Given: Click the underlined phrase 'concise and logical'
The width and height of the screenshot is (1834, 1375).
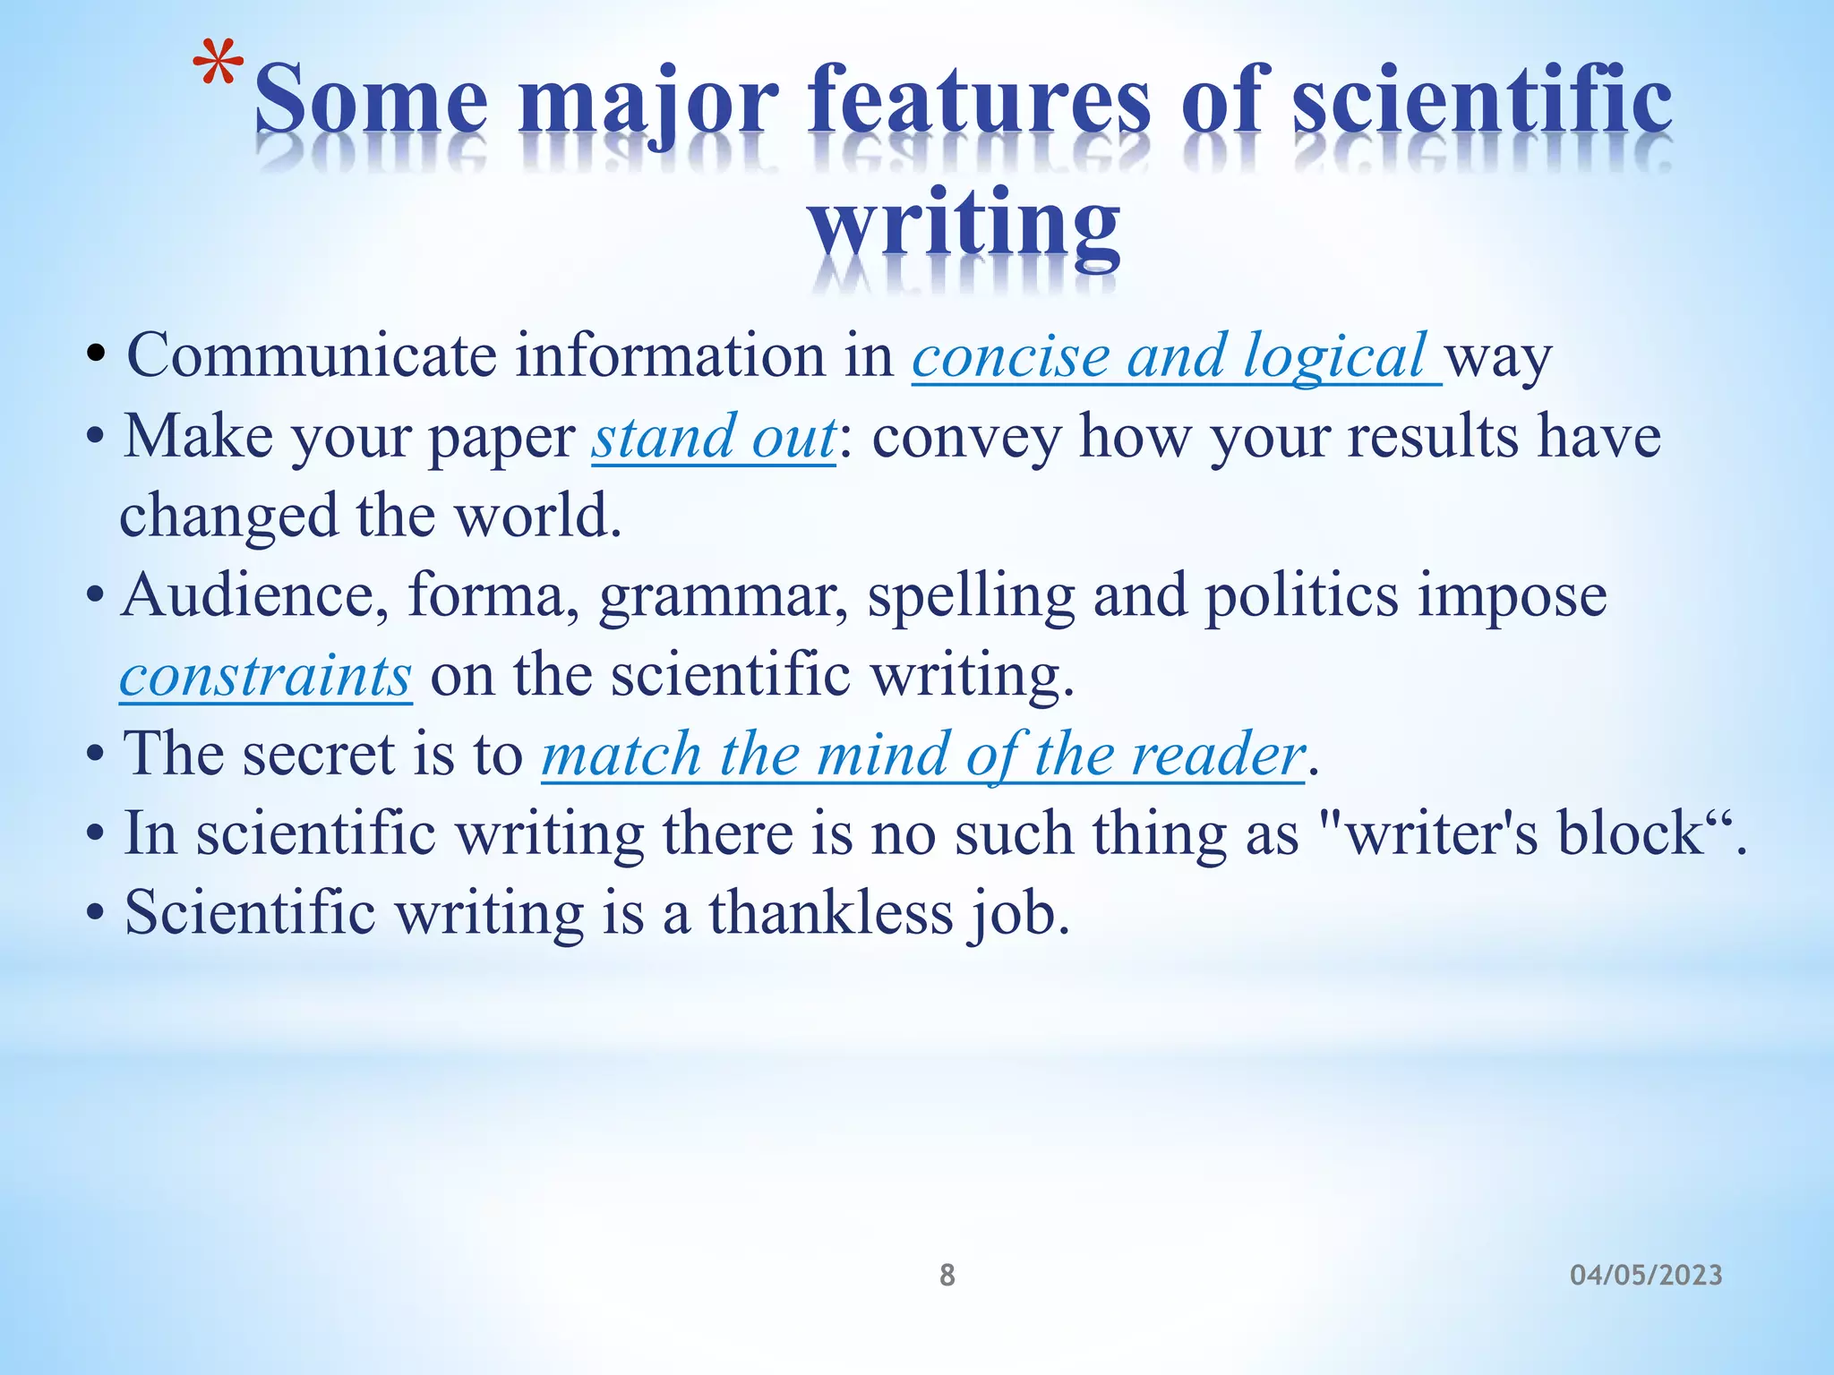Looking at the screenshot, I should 1176,356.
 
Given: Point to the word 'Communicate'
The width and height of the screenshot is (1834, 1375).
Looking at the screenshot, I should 311,356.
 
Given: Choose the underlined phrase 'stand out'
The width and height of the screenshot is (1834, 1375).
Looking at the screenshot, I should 713,437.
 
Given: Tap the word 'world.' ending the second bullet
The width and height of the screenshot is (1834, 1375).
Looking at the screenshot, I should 537,517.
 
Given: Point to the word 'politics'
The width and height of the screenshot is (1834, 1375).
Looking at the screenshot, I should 1301,595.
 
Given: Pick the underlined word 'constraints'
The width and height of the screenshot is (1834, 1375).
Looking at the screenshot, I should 265,675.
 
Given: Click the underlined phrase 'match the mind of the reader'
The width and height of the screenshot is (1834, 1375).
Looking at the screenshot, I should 922,754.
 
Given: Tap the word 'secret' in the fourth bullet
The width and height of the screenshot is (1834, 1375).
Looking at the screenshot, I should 318,754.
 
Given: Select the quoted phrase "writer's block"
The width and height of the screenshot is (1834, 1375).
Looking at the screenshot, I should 1522,833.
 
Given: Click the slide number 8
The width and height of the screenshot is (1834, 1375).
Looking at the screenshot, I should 947,1275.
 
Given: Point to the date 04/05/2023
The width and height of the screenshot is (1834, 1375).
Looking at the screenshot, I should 1646,1275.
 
